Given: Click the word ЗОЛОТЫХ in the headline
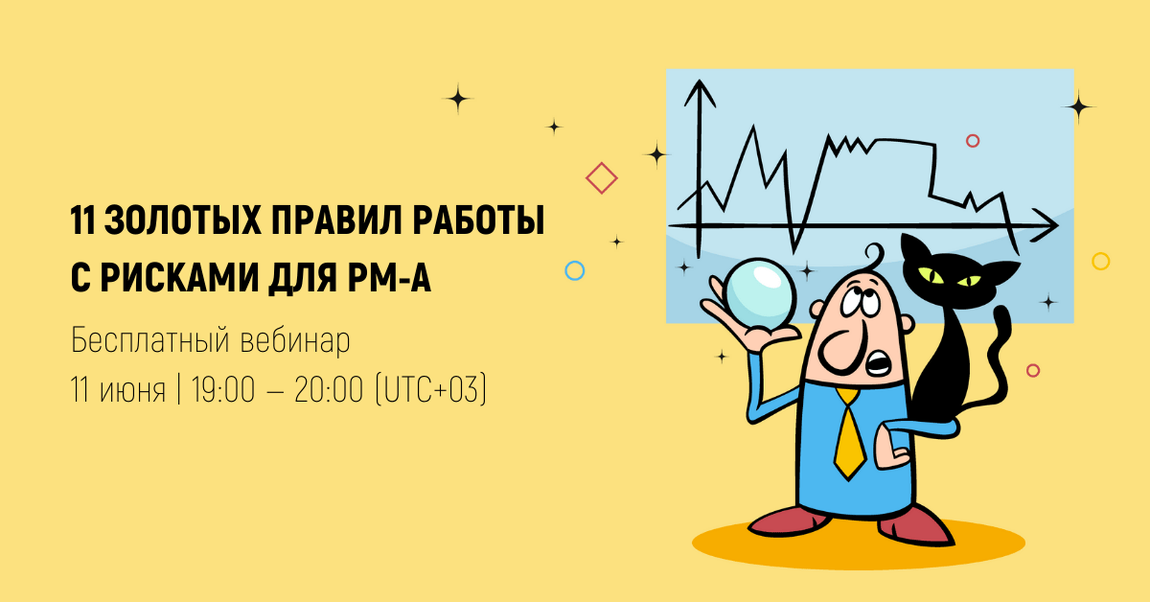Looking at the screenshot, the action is coord(183,220).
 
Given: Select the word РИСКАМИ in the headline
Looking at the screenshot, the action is coord(180,278).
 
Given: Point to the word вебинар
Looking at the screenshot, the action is coord(295,340).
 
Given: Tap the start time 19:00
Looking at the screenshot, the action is coord(222,389).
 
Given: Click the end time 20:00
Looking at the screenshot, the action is coord(329,389).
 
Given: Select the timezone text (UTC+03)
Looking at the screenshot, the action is coord(430,389).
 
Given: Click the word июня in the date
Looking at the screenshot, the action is coord(132,391).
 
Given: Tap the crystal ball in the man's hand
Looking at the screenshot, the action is coord(760,294).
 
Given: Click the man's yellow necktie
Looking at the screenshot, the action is coord(850,433).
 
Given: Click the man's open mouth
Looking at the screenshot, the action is coord(879,363).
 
